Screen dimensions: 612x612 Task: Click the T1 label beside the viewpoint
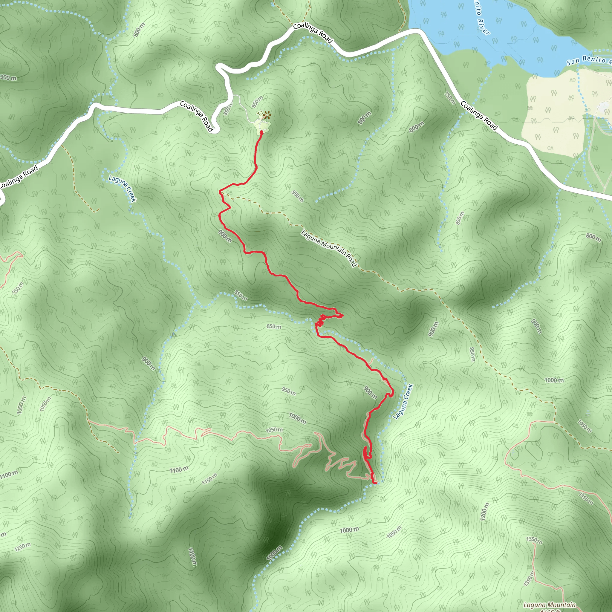[x=259, y=113]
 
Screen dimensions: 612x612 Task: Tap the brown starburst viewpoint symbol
[x=267, y=116]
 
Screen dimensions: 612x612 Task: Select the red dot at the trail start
[x=261, y=132]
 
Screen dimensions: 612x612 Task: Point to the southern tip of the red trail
[x=376, y=483]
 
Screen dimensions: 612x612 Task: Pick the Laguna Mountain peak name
[x=549, y=605]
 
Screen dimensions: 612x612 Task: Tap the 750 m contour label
[x=450, y=98]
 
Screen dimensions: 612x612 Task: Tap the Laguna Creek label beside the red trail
[x=403, y=401]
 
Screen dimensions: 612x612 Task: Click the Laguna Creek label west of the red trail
[x=122, y=188]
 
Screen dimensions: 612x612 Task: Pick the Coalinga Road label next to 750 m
[x=479, y=115]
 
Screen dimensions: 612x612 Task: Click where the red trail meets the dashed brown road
[x=221, y=192]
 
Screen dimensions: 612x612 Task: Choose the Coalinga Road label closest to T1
[x=196, y=116]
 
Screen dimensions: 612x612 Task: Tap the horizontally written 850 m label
[x=274, y=326]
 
